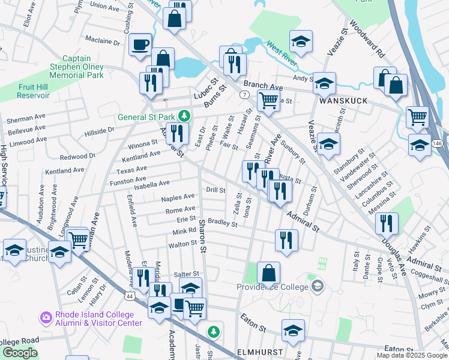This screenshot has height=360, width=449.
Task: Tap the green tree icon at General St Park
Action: [x=186, y=116]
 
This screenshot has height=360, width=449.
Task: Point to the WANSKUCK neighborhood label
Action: [x=343, y=101]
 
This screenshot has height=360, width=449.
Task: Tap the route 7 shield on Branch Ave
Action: [x=244, y=95]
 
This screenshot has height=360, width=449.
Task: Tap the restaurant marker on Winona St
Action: [x=176, y=133]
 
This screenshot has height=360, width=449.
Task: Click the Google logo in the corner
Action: [x=20, y=353]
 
